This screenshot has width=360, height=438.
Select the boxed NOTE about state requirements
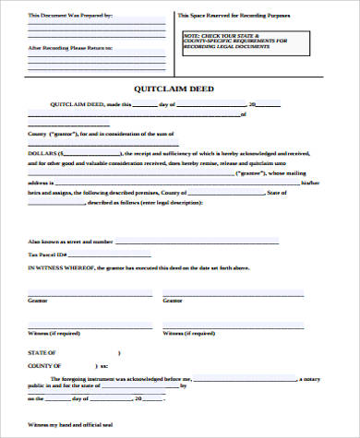(x=248, y=41)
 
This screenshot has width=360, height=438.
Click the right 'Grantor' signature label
(x=172, y=301)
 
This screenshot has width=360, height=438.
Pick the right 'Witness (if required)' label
(x=186, y=332)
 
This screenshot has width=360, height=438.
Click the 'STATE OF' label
(x=42, y=353)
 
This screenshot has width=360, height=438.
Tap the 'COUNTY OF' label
(x=43, y=366)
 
